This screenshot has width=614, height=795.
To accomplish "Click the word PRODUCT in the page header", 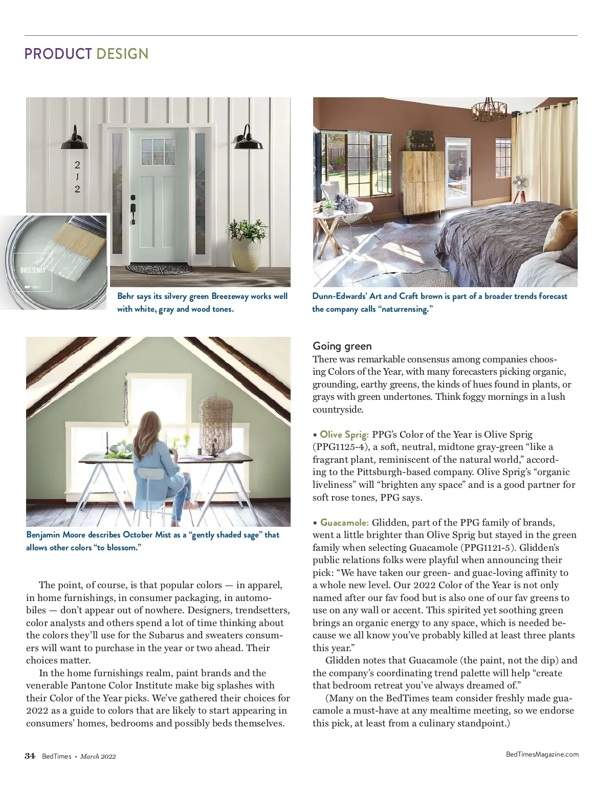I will point(58,54).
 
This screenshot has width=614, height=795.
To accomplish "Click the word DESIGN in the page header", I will point(122,54).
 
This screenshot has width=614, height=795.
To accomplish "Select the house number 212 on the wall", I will point(77,177).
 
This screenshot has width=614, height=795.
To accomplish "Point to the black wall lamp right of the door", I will point(249,139).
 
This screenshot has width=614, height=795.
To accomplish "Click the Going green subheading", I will point(342,346).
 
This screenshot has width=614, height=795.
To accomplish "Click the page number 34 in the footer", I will point(30,756).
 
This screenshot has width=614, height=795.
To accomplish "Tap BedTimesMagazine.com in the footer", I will point(542,754).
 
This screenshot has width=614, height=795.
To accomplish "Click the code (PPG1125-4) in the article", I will point(338,447).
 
